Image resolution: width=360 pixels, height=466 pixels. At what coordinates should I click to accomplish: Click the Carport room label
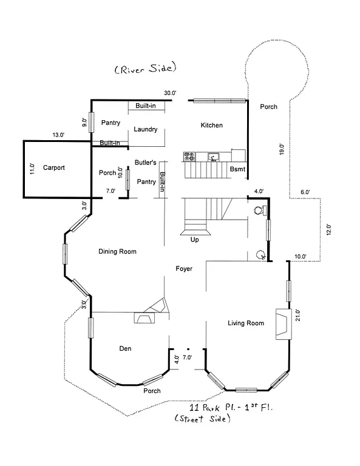pyautogui.click(x=53, y=167)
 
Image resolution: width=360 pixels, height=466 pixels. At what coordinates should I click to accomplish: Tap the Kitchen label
pyautogui.click(x=212, y=126)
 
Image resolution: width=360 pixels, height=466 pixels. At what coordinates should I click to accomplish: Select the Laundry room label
pyautogui.click(x=146, y=129)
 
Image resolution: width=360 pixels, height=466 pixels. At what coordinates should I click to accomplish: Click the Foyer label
pyautogui.click(x=184, y=268)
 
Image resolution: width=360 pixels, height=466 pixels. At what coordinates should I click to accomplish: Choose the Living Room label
pyautogui.click(x=246, y=323)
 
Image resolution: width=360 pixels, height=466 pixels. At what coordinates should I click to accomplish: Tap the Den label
pyautogui.click(x=125, y=348)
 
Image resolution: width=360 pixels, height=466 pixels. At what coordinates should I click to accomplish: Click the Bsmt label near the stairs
pyautogui.click(x=237, y=169)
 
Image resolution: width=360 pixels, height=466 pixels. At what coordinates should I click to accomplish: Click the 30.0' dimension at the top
pyautogui.click(x=169, y=93)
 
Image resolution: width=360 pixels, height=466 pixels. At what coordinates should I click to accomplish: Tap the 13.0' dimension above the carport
pyautogui.click(x=59, y=135)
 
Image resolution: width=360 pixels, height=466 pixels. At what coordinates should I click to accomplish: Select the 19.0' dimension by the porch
pyautogui.click(x=281, y=149)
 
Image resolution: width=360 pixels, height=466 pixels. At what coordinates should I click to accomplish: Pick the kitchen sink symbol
pyautogui.click(x=213, y=157)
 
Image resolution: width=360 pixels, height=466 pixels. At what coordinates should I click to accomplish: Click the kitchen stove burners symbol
pyautogui.click(x=189, y=157)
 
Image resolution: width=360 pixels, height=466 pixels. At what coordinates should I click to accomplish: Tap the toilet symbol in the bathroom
pyautogui.click(x=260, y=211)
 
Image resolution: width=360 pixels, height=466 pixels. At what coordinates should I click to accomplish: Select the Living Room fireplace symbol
pyautogui.click(x=282, y=323)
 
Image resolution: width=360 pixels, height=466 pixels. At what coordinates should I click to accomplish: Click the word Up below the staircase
pyautogui.click(x=195, y=239)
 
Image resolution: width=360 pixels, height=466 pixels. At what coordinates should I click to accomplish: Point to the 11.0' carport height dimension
pyautogui.click(x=33, y=168)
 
